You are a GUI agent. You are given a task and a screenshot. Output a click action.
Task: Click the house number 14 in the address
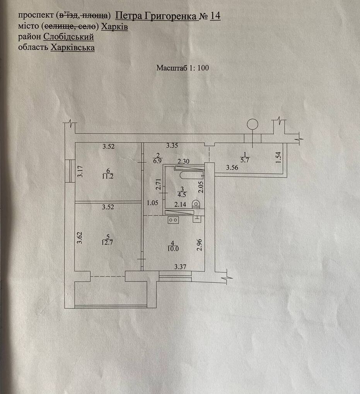point(215,16)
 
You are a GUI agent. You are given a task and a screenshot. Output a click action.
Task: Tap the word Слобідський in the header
point(69,37)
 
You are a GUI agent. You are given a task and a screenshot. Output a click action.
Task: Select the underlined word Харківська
point(72,48)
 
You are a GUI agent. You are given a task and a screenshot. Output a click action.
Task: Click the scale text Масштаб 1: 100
point(183,68)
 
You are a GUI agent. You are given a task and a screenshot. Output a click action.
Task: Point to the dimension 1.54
point(280,158)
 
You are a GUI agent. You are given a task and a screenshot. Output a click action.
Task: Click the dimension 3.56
point(232,168)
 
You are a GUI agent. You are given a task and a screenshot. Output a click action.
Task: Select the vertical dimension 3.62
point(79,237)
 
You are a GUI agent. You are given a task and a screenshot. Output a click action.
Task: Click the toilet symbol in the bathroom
point(196,204)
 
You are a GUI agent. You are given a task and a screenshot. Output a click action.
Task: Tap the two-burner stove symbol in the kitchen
point(173,219)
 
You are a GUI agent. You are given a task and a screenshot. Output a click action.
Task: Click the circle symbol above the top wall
point(253,124)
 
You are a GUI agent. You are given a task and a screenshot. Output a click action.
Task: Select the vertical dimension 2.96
point(199,245)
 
